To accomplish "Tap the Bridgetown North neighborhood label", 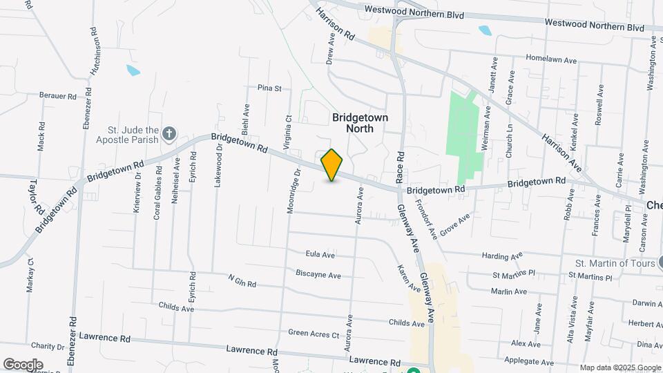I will point(360,123).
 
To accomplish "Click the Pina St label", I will point(269,88).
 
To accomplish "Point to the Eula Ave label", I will point(320,255).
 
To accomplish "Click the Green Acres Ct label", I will point(314,334).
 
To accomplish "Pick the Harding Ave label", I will point(502,256).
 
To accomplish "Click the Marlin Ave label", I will point(510,292).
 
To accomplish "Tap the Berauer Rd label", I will point(58,96).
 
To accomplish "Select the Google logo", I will point(23,365).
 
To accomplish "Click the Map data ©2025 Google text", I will point(620,367).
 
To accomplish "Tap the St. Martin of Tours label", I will point(615,263).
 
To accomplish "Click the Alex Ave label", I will point(526,343).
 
